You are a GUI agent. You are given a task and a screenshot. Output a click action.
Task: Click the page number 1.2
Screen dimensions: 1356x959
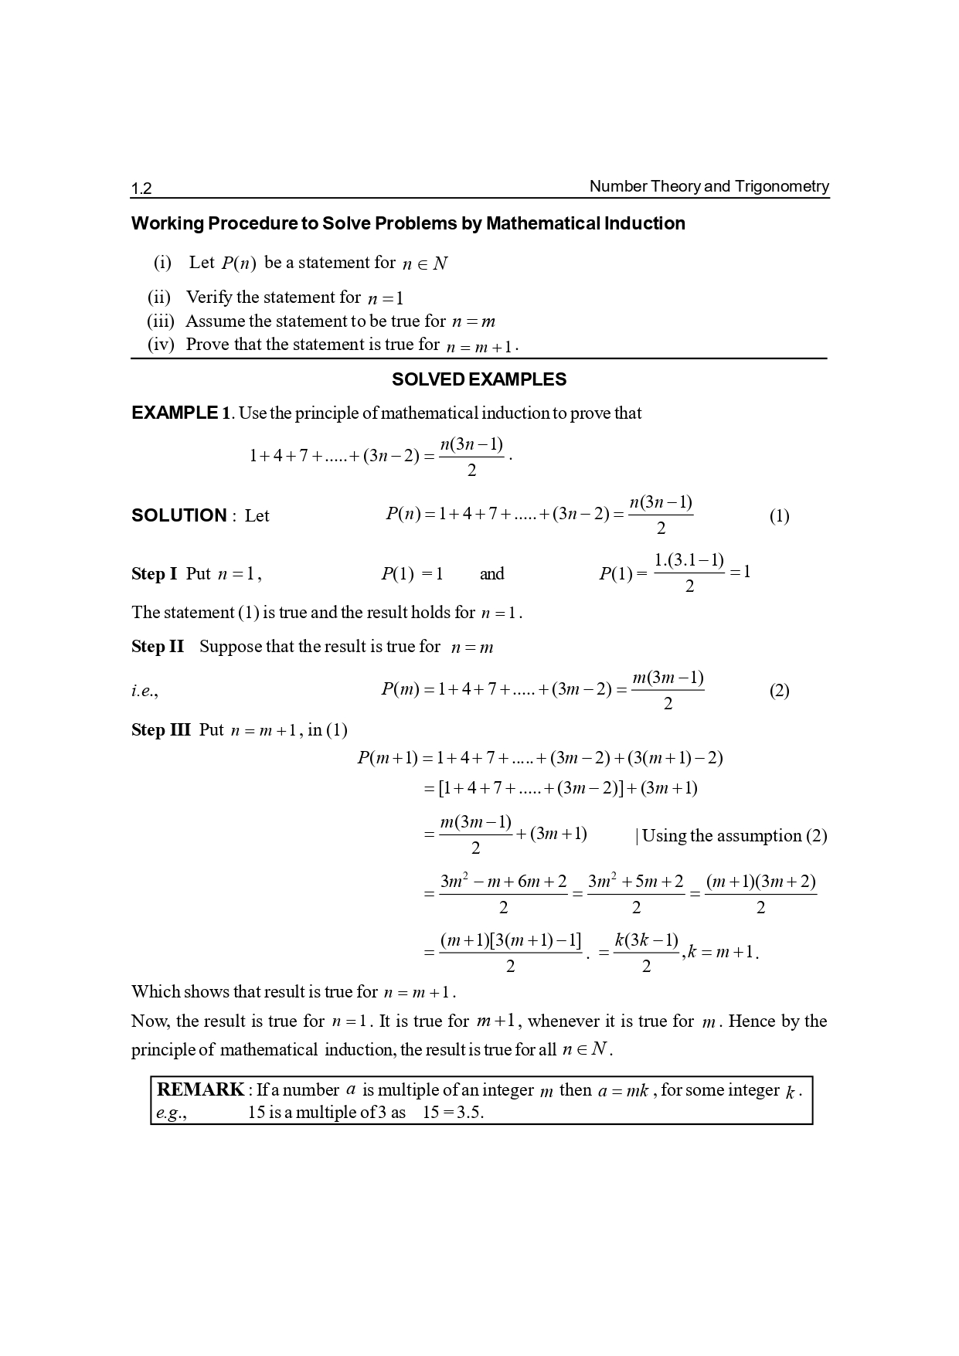[141, 189]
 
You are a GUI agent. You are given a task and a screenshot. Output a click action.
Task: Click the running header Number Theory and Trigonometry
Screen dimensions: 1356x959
[709, 186]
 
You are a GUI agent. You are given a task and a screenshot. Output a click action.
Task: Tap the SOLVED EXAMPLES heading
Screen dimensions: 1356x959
[478, 379]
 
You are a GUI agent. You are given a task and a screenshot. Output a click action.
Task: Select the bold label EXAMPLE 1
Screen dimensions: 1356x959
[181, 413]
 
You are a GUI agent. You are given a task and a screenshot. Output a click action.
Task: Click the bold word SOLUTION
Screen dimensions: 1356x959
[179, 515]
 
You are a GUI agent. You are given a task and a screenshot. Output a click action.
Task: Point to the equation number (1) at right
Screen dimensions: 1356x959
[779, 516]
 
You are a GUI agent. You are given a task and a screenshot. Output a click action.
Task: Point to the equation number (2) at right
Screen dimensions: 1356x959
[779, 691]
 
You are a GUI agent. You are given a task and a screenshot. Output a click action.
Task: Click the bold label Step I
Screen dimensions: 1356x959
[154, 574]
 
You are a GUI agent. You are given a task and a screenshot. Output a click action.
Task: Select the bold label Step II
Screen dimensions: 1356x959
[158, 647]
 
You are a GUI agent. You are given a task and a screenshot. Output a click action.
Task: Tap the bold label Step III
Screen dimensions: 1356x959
[161, 730]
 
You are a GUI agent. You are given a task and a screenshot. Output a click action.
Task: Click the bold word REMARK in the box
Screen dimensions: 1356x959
[200, 1089]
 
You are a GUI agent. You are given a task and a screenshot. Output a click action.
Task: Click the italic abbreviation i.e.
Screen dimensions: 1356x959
[145, 691]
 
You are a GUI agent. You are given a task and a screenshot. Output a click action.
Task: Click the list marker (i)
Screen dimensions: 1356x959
[162, 263]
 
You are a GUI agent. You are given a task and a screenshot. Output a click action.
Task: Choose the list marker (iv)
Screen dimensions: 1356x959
[161, 345]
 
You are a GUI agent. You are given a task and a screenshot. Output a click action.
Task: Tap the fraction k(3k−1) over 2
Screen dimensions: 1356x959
[646, 953]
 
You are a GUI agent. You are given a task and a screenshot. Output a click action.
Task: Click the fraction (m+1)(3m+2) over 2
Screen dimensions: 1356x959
[760, 894]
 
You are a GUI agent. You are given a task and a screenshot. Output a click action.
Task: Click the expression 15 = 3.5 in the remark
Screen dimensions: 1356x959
[453, 1113]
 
